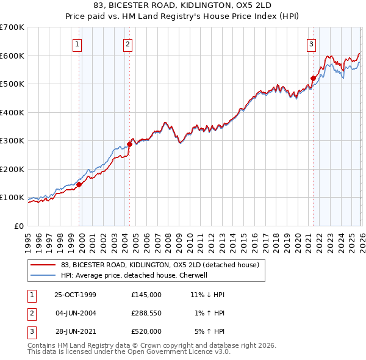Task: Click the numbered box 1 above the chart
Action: (79, 43)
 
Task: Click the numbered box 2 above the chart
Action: (128, 43)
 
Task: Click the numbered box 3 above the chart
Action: (311, 43)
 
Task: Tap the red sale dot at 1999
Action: (79, 184)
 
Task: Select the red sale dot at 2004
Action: (129, 144)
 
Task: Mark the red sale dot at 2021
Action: (313, 78)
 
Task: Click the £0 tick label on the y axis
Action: (20, 226)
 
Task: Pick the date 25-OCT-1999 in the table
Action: (75, 294)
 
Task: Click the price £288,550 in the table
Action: (146, 313)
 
